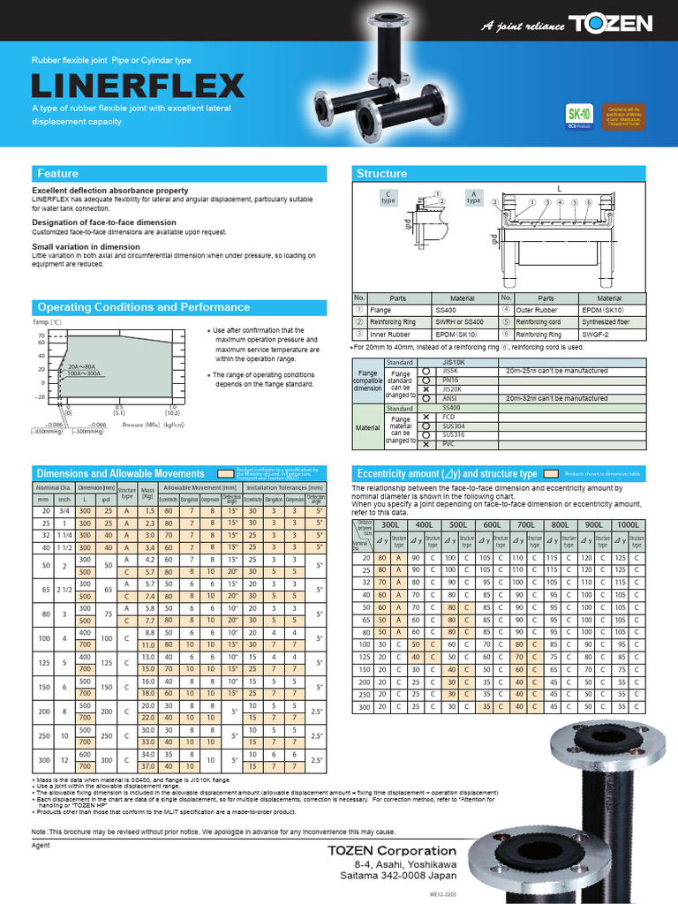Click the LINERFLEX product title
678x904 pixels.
(x=138, y=86)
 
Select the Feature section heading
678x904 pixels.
(x=58, y=173)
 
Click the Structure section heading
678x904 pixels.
(x=380, y=173)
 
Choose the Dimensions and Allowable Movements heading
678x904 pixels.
(x=121, y=474)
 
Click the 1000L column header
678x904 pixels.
(x=629, y=524)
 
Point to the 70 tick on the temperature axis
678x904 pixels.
(x=41, y=336)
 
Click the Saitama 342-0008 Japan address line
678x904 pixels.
(x=399, y=877)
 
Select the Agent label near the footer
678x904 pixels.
(x=41, y=845)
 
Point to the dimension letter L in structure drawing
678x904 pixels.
(x=559, y=189)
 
